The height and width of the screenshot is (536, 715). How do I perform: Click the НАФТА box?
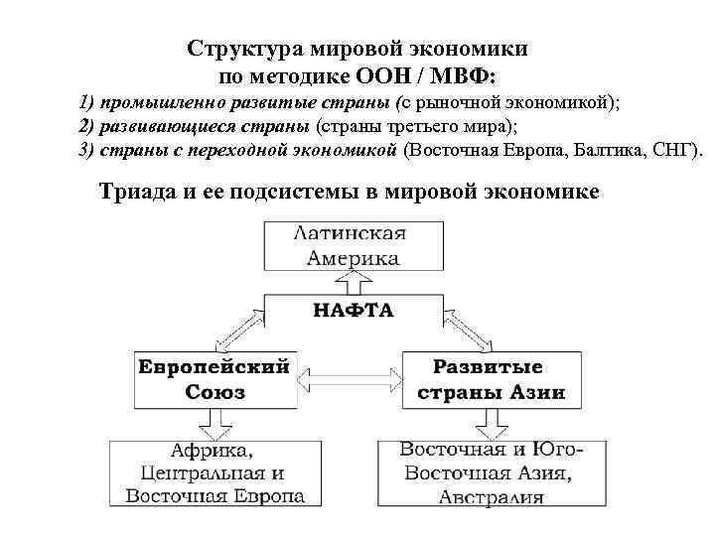(354, 311)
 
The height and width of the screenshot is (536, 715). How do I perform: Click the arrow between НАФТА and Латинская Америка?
(354, 282)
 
